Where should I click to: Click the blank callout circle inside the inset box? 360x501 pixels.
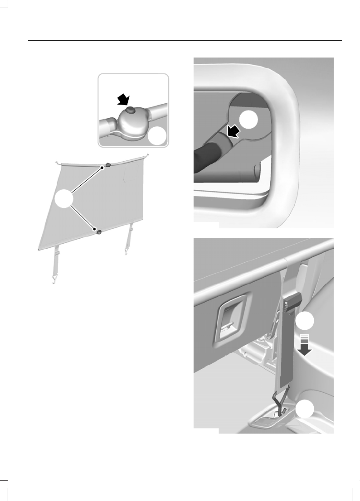(157, 136)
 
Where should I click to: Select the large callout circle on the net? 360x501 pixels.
(64, 200)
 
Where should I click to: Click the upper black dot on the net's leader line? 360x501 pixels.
(102, 168)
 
